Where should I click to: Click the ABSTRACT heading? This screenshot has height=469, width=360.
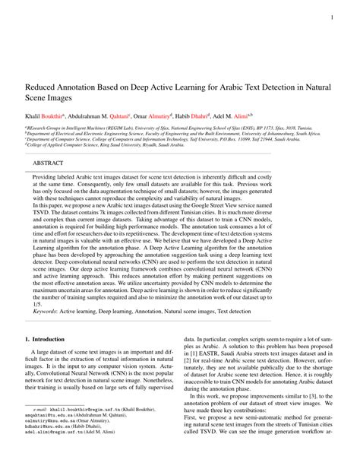click(x=49, y=163)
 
